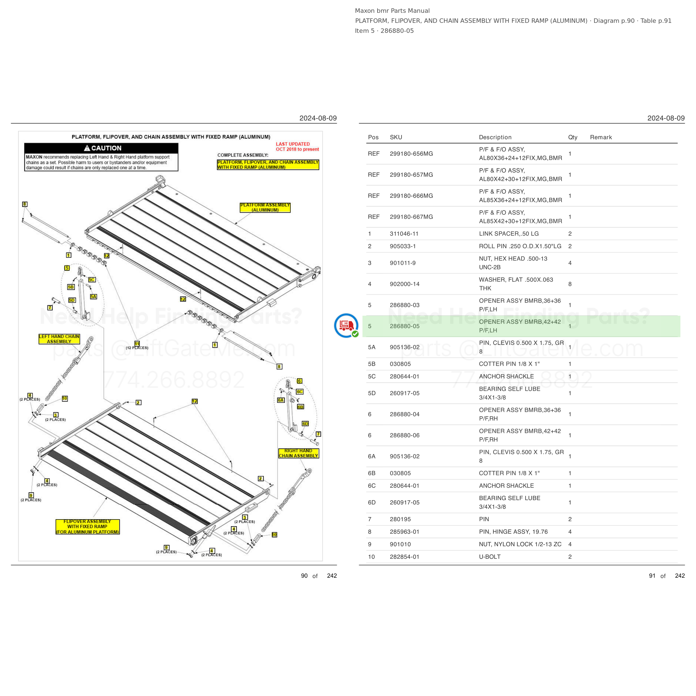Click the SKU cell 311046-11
404,234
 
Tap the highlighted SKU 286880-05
405,326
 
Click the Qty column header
573,137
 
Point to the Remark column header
601,137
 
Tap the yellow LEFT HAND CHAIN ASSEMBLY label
59,339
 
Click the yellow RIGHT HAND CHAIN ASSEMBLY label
298,453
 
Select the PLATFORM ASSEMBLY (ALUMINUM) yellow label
265,207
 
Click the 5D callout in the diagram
72,300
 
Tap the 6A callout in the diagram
281,400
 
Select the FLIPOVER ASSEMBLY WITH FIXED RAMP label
87,527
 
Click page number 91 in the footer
652,576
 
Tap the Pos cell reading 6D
372,502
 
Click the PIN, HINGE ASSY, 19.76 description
513,532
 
